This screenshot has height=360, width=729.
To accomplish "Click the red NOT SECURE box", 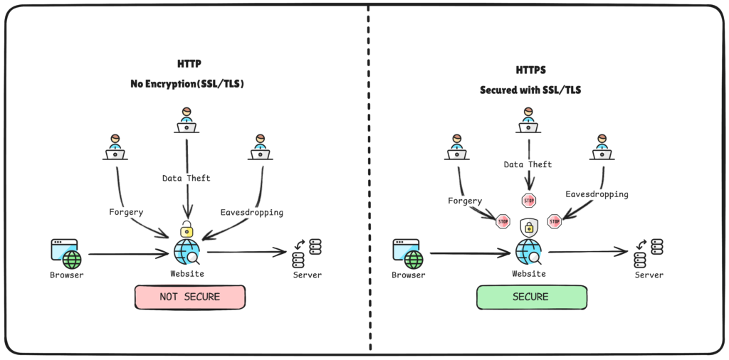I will [x=189, y=297].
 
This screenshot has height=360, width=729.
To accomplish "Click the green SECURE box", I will [x=530, y=297].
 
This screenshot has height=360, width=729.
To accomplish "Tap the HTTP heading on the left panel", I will [x=189, y=64].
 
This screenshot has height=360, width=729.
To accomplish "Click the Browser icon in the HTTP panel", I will [x=66, y=253].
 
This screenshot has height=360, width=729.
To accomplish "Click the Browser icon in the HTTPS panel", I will [x=408, y=253].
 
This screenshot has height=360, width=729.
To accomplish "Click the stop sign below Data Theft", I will [x=528, y=201].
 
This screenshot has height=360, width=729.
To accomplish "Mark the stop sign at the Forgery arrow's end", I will [x=503, y=221].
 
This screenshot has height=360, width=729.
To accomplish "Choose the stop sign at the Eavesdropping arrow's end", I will [x=555, y=221].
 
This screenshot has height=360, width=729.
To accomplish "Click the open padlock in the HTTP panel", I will [x=187, y=229].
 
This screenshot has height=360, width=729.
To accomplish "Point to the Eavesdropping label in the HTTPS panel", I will [x=597, y=194].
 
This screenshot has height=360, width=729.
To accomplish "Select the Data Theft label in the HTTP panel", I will [x=187, y=178].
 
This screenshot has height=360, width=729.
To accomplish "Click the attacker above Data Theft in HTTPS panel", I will [x=528, y=121].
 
